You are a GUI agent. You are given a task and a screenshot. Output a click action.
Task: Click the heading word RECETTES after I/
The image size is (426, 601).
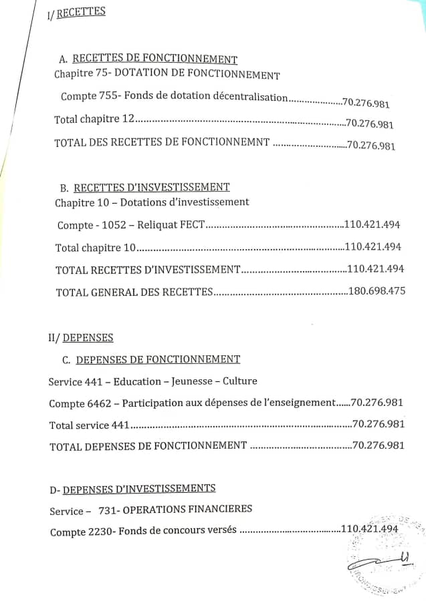(81, 13)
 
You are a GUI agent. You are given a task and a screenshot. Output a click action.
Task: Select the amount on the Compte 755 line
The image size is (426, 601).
(366, 104)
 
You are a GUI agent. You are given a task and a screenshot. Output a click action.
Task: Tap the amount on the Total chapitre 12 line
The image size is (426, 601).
(369, 124)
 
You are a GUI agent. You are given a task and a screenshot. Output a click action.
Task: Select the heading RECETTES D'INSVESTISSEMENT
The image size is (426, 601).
(151, 188)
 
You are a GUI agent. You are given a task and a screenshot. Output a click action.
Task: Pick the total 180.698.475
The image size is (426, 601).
(377, 291)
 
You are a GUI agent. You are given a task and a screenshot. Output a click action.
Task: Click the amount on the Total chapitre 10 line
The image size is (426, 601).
(373, 247)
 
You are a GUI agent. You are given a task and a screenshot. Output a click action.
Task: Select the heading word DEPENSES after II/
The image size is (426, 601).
(88, 338)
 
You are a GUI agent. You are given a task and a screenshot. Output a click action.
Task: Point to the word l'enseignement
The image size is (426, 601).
(297, 403)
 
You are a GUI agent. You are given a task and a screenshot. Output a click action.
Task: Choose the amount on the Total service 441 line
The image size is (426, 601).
(379, 424)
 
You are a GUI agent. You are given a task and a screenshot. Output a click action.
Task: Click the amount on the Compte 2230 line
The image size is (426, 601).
(370, 529)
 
